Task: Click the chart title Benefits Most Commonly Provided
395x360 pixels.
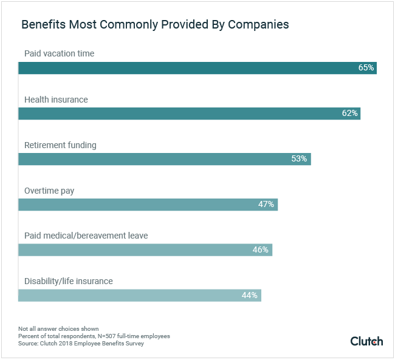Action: point(155,25)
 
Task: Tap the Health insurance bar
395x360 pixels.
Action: point(182,114)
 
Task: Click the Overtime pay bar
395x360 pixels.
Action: point(140,205)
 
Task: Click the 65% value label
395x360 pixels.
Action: point(366,68)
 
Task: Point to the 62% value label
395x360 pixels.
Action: point(349,114)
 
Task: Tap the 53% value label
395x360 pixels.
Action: point(300,159)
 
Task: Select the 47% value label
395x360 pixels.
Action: point(266,205)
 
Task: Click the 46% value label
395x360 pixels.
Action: point(261,250)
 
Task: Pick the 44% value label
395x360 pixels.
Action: point(250,296)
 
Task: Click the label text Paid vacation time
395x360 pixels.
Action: point(59,53)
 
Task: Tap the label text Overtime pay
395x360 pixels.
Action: point(49,191)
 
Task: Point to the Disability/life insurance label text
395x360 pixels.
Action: point(69,281)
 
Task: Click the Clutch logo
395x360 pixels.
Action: point(366,341)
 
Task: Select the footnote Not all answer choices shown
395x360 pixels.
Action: point(58,328)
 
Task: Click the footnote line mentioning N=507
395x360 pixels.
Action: point(94,336)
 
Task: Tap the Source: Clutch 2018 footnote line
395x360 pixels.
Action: point(81,344)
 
